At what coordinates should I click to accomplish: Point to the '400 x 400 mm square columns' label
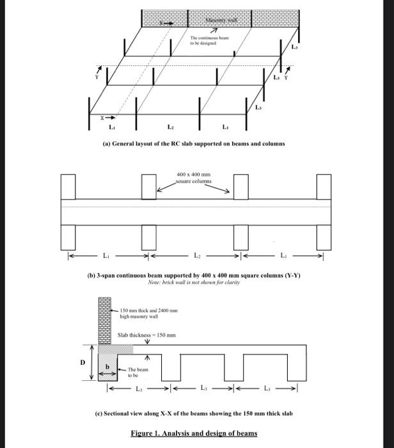pos(193,177)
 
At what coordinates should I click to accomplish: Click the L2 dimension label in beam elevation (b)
pos(196,256)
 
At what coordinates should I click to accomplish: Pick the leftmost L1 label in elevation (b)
pos(106,256)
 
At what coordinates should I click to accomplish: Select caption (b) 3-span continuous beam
pos(193,276)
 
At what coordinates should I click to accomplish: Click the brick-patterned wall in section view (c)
pos(104,321)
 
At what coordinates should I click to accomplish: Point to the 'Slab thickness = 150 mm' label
pos(146,335)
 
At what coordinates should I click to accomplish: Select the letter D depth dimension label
pos(81,363)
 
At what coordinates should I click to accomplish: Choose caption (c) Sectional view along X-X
pos(193,414)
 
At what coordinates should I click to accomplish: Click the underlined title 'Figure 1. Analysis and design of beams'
pos(193,433)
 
